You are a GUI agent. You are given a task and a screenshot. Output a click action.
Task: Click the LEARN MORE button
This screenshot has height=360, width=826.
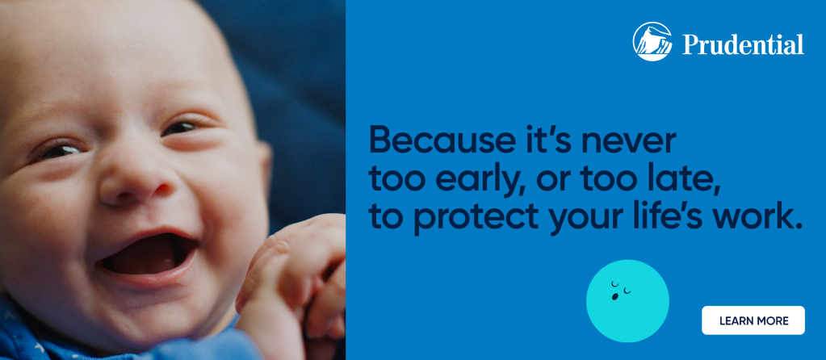click(753, 320)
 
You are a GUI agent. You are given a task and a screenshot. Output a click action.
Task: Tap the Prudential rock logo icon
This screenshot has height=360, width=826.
click(652, 42)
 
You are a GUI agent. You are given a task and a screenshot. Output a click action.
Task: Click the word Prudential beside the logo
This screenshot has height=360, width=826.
click(744, 44)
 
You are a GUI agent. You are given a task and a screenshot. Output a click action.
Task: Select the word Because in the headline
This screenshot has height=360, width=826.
click(438, 140)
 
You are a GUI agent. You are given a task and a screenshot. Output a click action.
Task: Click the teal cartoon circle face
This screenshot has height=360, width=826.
click(627, 301)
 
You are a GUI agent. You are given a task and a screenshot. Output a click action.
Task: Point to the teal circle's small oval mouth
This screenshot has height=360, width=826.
click(614, 297)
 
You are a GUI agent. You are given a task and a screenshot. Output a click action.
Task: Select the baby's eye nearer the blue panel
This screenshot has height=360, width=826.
click(182, 128)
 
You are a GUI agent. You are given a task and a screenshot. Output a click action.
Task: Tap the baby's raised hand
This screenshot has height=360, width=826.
click(292, 279)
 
